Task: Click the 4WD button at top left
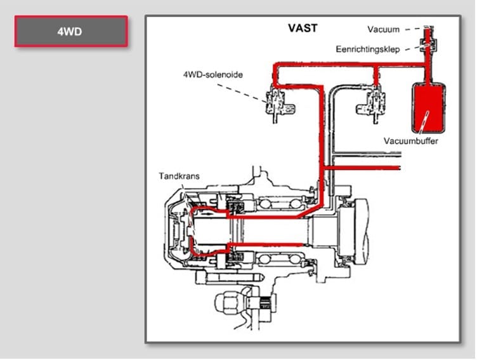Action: (72, 31)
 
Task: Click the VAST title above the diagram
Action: (303, 28)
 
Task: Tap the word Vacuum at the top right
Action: (384, 29)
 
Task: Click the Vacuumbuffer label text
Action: (410, 140)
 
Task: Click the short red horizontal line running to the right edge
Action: (368, 167)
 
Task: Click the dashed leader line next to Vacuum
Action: (413, 29)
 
